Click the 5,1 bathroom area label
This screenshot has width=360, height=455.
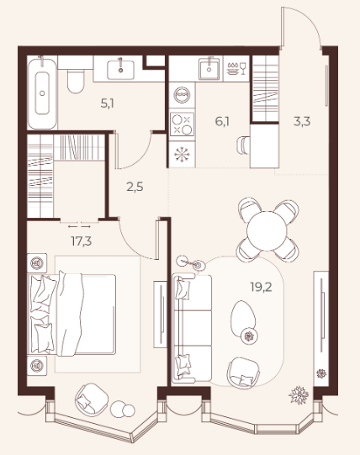(107, 103)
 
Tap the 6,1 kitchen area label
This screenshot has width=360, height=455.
(222, 121)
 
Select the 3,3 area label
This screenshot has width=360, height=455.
(302, 121)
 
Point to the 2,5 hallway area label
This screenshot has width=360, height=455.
(135, 187)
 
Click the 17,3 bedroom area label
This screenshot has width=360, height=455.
(82, 241)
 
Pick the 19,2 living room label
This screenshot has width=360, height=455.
(262, 287)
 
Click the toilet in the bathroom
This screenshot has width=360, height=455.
(76, 81)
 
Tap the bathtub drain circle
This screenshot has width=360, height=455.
(42, 93)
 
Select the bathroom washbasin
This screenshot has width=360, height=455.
(120, 70)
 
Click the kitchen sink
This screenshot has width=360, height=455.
(209, 69)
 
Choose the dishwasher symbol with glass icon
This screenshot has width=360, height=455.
(236, 69)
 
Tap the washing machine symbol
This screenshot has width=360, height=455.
(182, 95)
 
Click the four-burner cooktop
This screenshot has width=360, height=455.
(182, 124)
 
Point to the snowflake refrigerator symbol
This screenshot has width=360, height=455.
(182, 154)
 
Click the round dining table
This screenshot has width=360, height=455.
(267, 231)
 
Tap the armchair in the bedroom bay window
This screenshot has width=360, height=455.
(92, 399)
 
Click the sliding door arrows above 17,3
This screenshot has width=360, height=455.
(79, 226)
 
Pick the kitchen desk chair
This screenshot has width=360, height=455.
(243, 145)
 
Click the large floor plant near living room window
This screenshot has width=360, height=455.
(299, 395)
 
